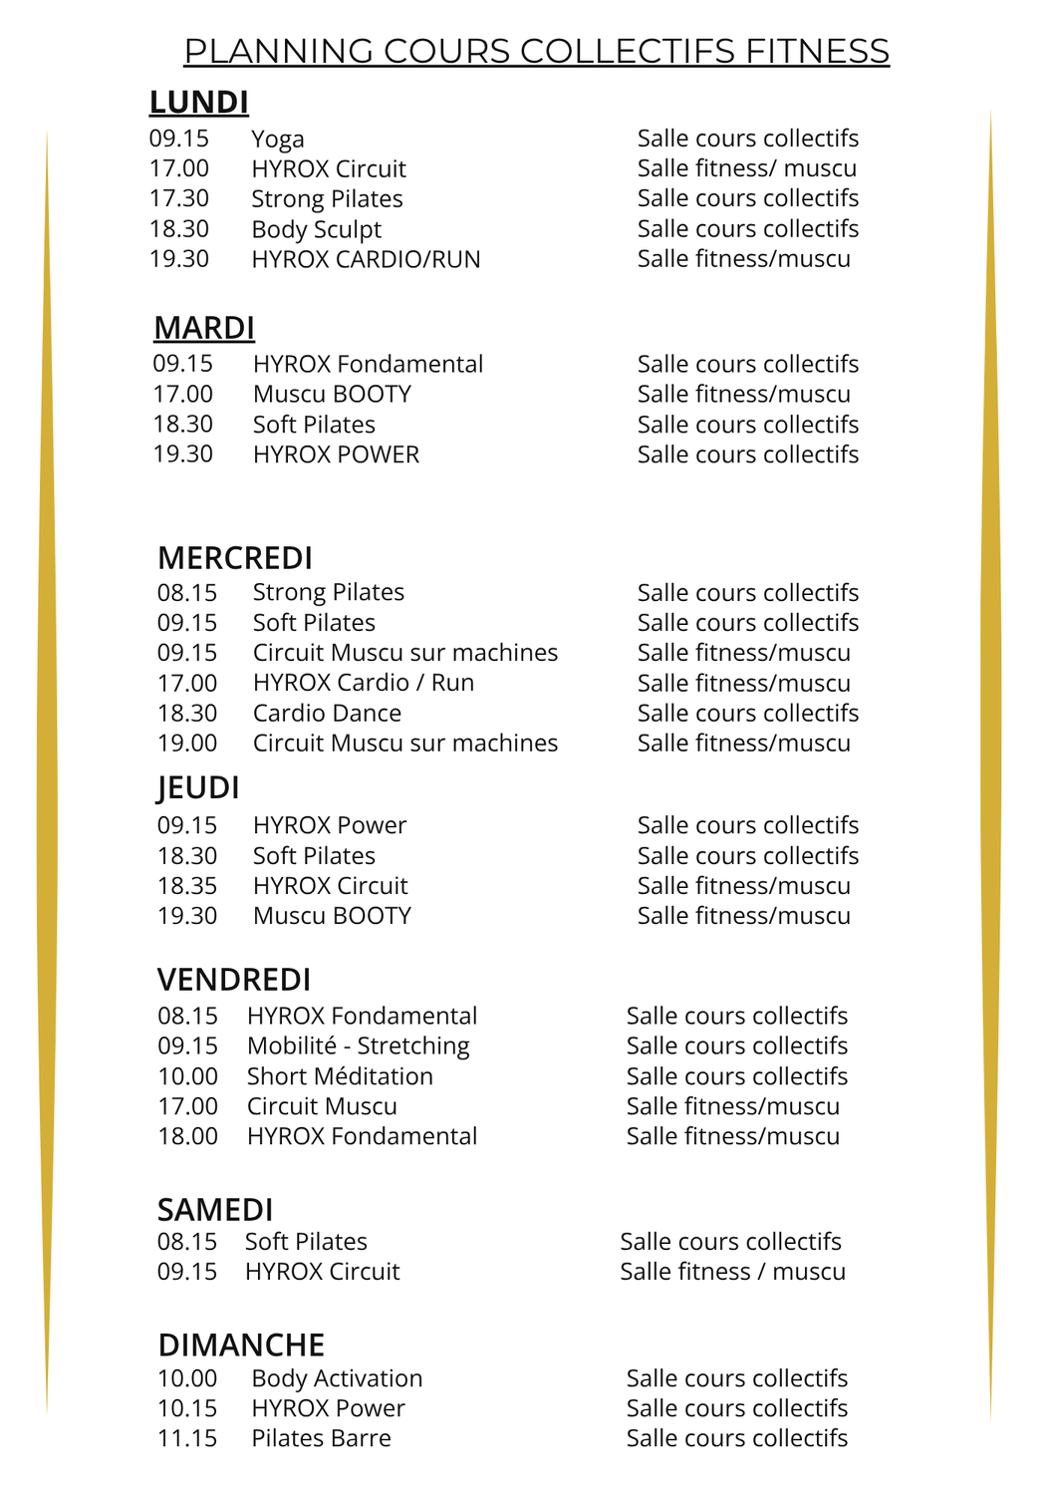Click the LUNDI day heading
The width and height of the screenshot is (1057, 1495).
[x=198, y=103]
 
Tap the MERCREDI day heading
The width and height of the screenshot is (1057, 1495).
[x=235, y=558]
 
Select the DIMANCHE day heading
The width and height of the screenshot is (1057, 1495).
[x=241, y=1345]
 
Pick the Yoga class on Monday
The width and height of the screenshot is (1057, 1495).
[x=277, y=140]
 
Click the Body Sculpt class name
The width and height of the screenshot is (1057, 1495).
[x=316, y=229]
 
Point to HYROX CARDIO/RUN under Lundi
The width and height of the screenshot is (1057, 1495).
[x=366, y=259]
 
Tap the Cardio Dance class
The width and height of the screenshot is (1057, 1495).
[x=327, y=714]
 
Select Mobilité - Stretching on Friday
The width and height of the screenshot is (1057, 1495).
[x=358, y=1046]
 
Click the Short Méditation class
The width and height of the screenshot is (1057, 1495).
[x=340, y=1076]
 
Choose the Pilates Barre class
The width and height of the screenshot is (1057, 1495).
[x=321, y=1438]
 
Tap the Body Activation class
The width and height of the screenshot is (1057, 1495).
[x=337, y=1378]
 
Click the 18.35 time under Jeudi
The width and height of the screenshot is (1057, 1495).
[x=187, y=886]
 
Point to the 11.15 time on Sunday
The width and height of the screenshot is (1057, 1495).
[x=187, y=1438]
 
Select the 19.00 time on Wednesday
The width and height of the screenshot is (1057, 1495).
[x=187, y=744]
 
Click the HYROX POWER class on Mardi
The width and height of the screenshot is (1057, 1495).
[x=336, y=454]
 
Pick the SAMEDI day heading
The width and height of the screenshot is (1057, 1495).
[x=215, y=1210]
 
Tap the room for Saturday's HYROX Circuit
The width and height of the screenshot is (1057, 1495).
[x=732, y=1272]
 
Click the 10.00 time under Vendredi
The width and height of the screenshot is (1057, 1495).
[x=187, y=1076]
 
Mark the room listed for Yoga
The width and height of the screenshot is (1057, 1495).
[x=747, y=139]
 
